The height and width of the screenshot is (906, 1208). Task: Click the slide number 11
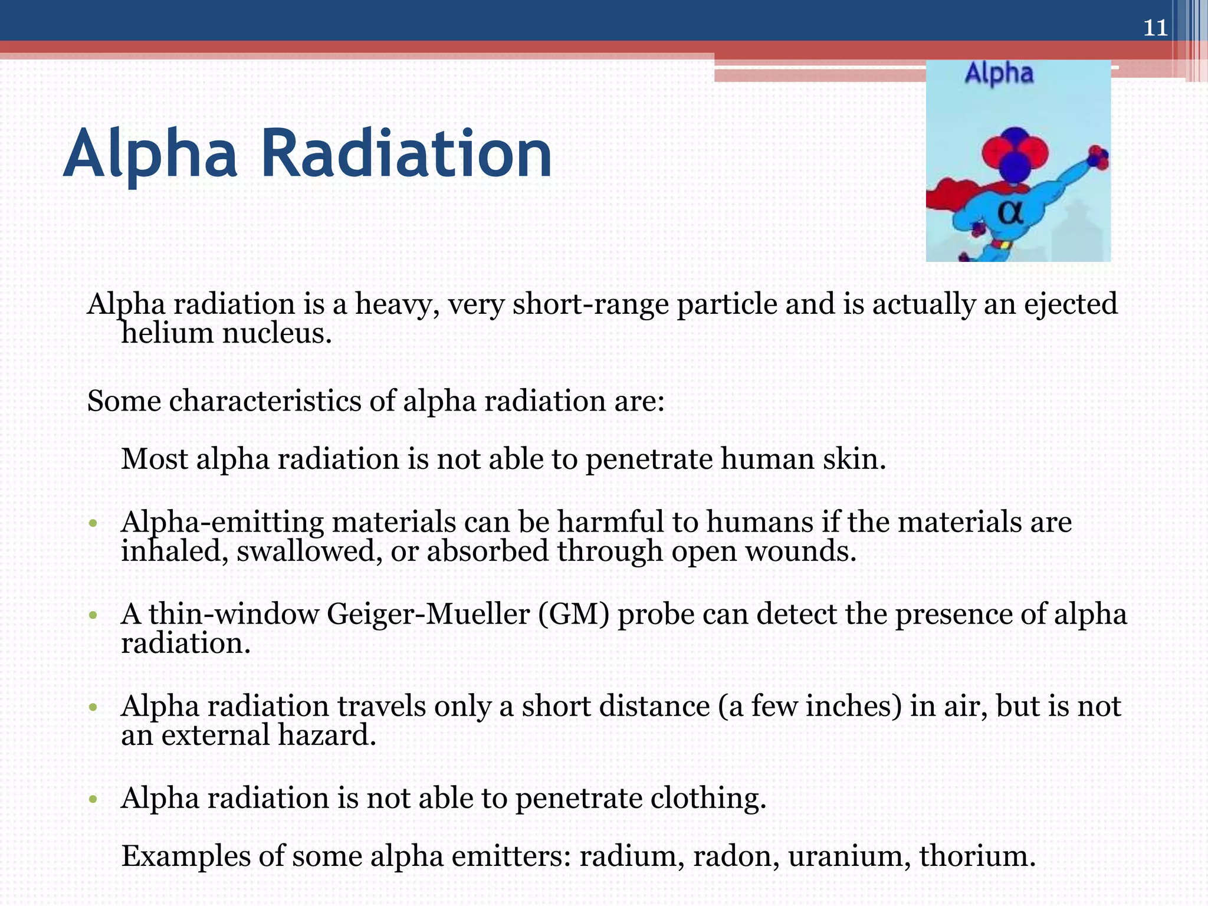[1155, 28]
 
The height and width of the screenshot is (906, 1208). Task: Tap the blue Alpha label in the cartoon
[999, 74]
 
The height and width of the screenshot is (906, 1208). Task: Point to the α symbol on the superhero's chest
[1010, 212]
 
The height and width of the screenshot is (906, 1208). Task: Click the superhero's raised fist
[1098, 157]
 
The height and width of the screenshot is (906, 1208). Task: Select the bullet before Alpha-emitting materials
[93, 523]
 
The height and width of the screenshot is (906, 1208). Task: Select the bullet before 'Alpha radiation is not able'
[93, 800]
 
